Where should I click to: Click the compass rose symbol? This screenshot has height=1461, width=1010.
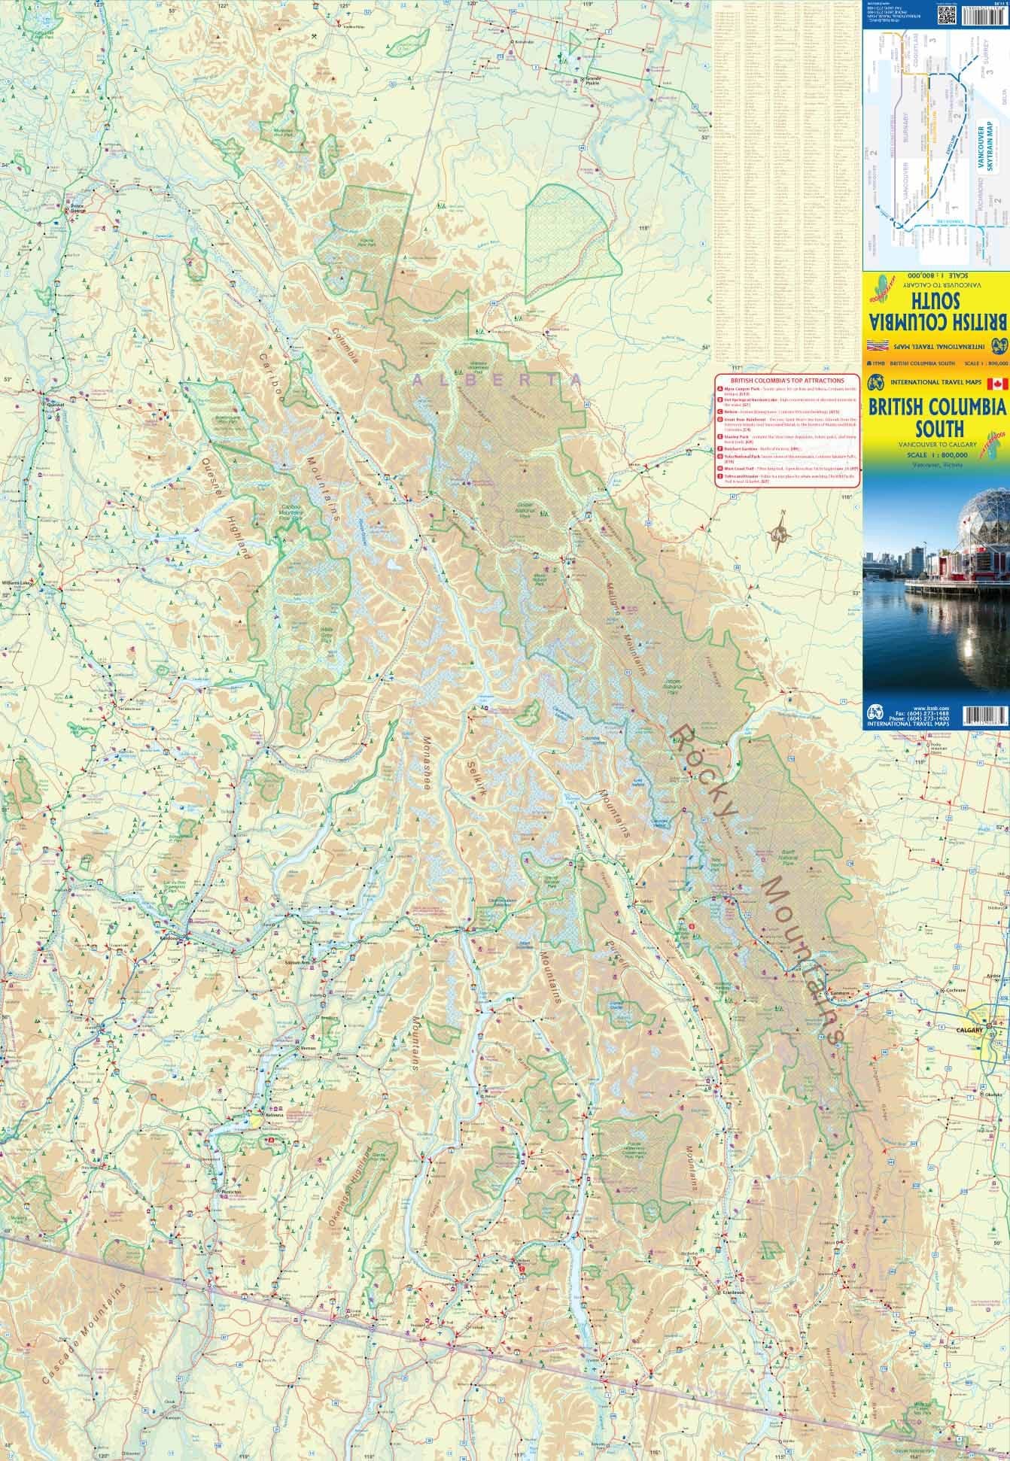click(x=781, y=534)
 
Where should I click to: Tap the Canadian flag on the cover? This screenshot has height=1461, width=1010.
click(x=998, y=384)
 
